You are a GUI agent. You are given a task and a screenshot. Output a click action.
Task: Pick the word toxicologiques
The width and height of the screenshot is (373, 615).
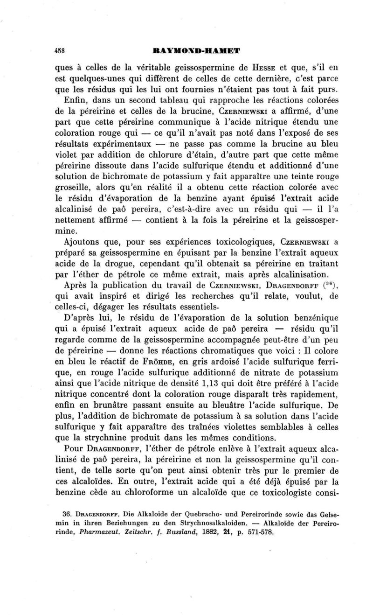(x=201, y=242)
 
